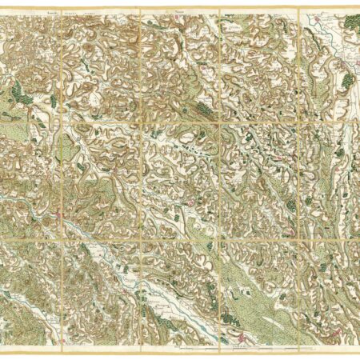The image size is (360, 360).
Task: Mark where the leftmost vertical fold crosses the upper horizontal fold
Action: tap(62, 122)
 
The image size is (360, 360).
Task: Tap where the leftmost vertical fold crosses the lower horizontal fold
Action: tap(62, 238)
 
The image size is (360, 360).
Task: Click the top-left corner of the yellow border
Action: tap(3, 9)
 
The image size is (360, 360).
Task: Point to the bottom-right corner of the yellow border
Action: tap(357, 352)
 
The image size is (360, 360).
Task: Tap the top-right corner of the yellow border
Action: tap(357, 9)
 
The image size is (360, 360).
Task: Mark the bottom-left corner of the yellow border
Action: tap(3, 352)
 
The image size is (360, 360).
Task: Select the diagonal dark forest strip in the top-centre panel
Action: tap(203, 105)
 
